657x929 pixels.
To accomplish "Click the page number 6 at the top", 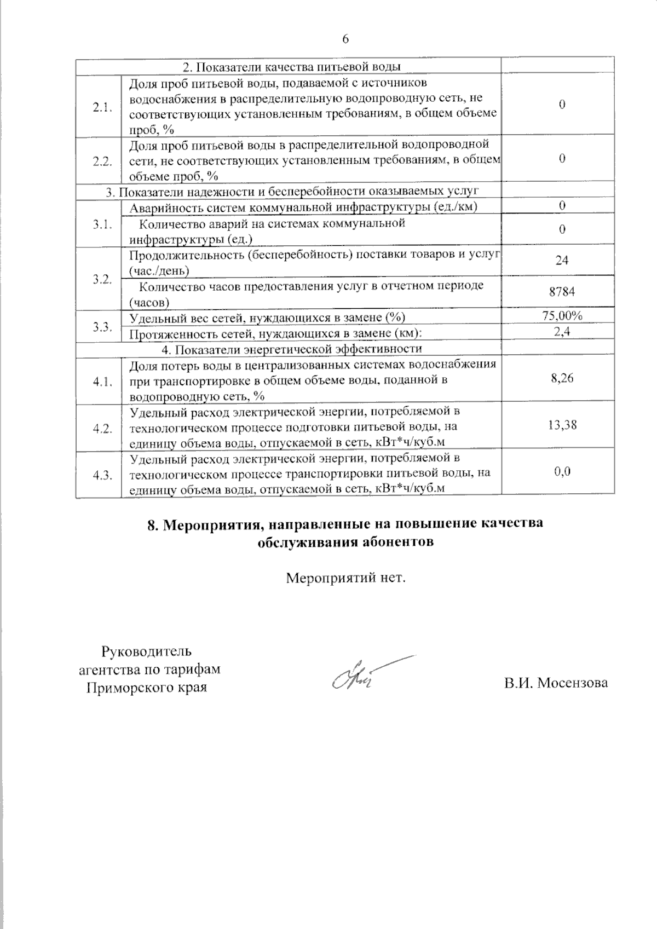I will pos(345,39).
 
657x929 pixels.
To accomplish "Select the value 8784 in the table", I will pos(562,292).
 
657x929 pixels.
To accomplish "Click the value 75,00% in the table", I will pos(562,315).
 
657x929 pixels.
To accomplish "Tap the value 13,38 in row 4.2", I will pos(562,425).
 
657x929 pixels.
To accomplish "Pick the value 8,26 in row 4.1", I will pos(562,378).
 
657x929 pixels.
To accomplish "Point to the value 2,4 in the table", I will pos(562,331).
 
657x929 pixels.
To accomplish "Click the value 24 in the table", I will pos(562,261).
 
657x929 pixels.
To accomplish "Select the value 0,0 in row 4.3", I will pos(562,471).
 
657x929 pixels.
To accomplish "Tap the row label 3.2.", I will pos(102,279).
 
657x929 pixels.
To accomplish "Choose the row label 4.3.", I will pos(102,475).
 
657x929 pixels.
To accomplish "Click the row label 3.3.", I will pos(102,326).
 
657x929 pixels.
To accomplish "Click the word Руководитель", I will pos(147,651).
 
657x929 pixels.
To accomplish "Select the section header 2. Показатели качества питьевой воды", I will pos(291,67).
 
